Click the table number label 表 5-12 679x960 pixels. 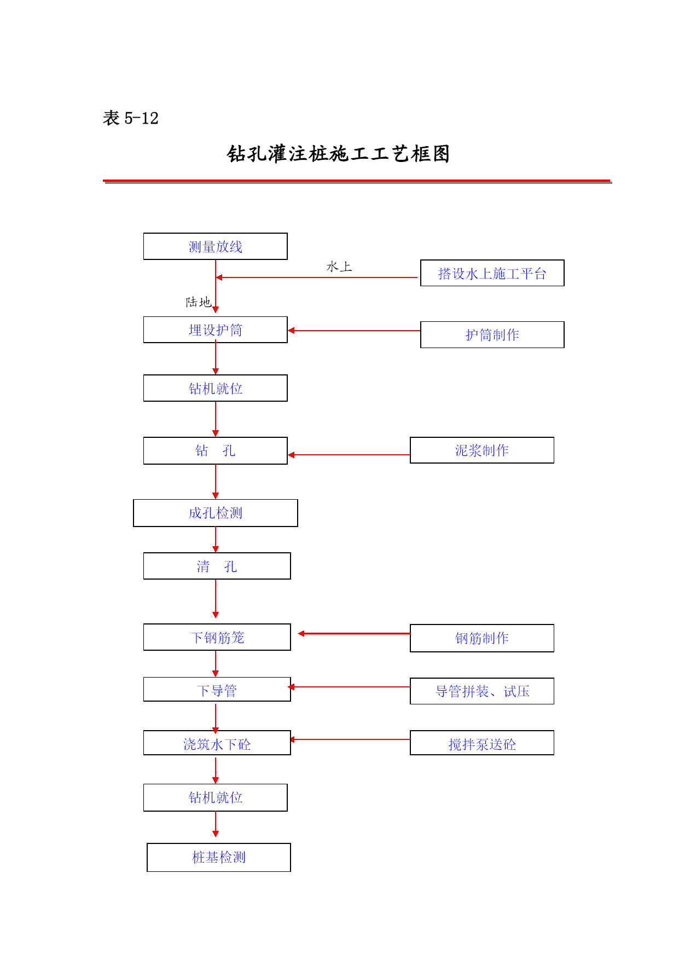(131, 118)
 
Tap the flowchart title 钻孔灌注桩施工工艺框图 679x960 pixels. (339, 154)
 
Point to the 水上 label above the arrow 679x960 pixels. (339, 267)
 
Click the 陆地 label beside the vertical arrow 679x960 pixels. (198, 302)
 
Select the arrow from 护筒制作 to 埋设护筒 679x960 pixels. (354, 331)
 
